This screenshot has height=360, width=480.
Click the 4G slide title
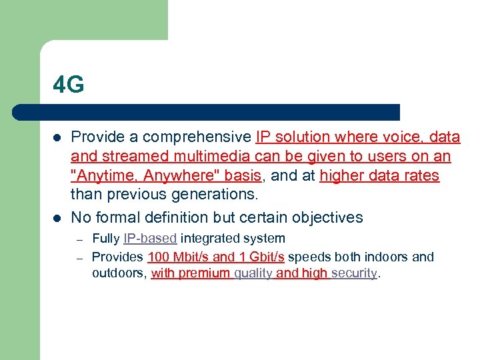(x=69, y=85)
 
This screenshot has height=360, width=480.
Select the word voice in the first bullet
(x=389, y=137)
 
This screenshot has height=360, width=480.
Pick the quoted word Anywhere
(x=165, y=176)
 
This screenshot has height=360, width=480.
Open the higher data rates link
(x=379, y=176)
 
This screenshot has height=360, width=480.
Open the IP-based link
(x=150, y=239)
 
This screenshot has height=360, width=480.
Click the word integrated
(x=208, y=239)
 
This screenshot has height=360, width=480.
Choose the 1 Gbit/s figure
(x=261, y=257)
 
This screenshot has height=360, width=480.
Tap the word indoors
(x=389, y=257)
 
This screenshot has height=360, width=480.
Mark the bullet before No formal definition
(x=57, y=217)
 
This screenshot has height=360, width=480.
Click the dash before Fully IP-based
(x=79, y=239)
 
